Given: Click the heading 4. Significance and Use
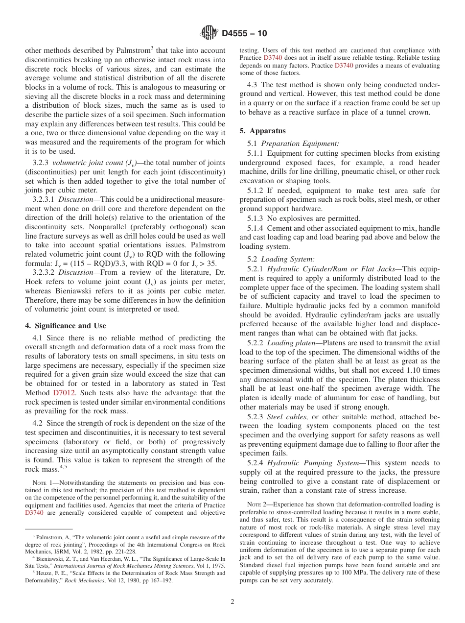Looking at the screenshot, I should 65,326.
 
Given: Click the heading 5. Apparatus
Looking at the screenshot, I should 262,131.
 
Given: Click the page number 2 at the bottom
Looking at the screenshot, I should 232,601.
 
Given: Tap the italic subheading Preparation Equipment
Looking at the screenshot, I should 300,144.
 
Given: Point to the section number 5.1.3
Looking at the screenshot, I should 256,218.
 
